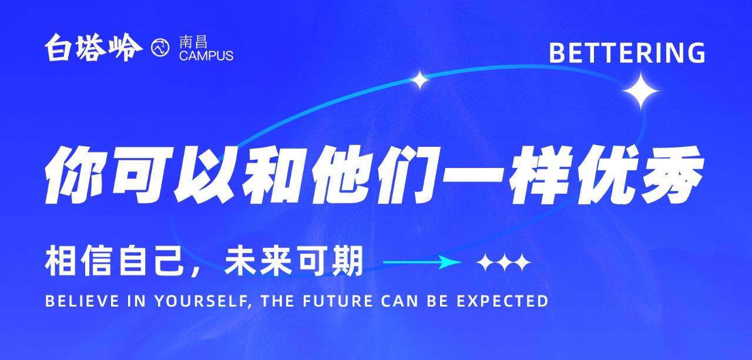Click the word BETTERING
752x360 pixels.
point(627,53)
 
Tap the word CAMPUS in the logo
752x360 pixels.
point(206,56)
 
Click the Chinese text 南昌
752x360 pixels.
point(193,42)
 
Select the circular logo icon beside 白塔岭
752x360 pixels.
point(160,48)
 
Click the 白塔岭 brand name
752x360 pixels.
point(93,48)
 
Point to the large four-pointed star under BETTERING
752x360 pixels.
point(641,91)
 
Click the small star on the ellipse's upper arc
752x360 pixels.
point(419,80)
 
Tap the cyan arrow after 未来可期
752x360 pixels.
point(422,262)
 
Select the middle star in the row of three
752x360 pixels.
point(504,263)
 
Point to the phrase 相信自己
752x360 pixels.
point(113,262)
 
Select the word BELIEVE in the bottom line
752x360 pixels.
point(82,301)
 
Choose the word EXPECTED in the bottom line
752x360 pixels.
point(502,301)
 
